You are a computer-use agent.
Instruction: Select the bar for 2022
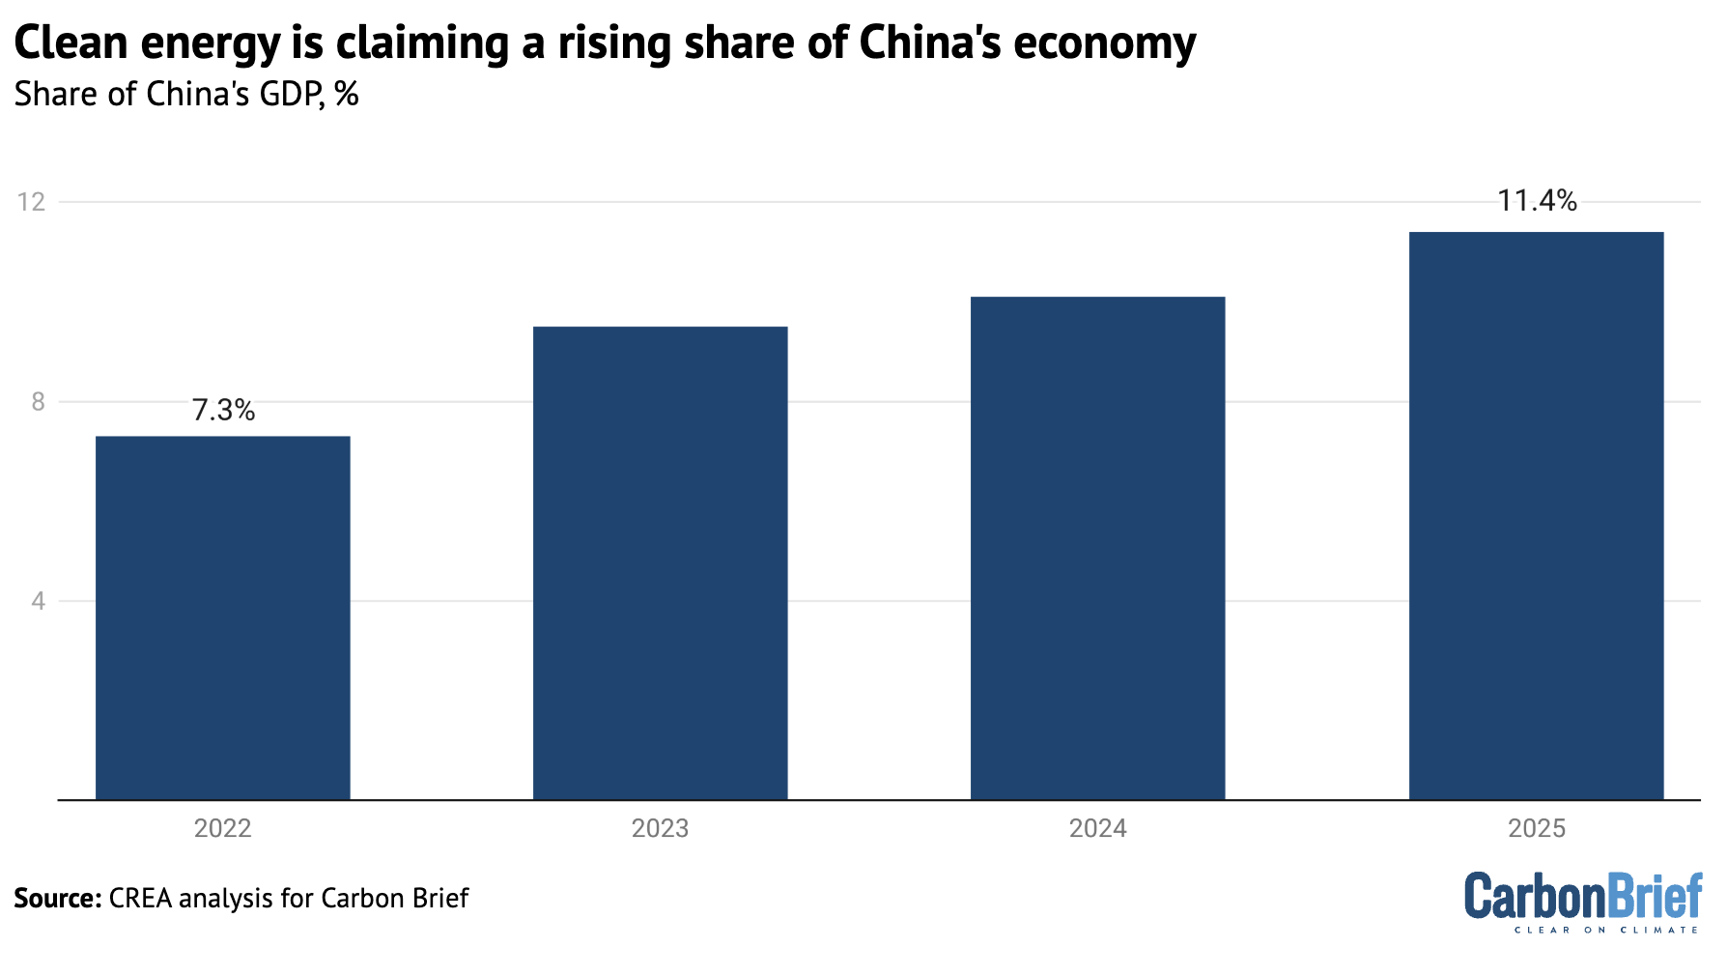tap(222, 618)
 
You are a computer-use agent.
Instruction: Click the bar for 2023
tap(660, 563)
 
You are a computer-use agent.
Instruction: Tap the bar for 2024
tap(1097, 548)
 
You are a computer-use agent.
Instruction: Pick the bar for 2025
tap(1536, 516)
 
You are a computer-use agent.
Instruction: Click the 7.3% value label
tap(223, 411)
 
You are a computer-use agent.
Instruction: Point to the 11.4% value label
tap(1537, 201)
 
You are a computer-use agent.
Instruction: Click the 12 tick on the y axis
tap(32, 202)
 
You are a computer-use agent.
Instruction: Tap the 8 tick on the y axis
tap(39, 402)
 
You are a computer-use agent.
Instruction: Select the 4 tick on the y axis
tap(39, 601)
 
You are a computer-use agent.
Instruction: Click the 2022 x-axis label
tap(222, 828)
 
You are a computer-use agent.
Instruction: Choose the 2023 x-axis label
tap(660, 828)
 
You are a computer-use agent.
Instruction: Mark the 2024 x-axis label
tap(1097, 828)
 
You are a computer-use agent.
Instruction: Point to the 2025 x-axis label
tap(1536, 828)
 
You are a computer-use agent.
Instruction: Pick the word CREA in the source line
tap(141, 898)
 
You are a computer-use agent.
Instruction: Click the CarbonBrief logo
tap(1583, 895)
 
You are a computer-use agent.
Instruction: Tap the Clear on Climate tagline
tap(1605, 930)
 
